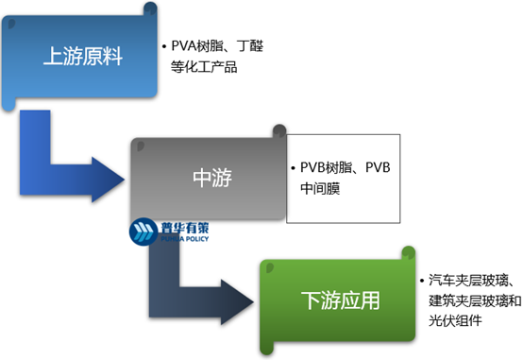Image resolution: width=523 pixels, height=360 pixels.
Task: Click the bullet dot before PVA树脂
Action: [164, 47]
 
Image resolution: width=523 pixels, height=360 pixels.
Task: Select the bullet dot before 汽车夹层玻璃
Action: [422, 281]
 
